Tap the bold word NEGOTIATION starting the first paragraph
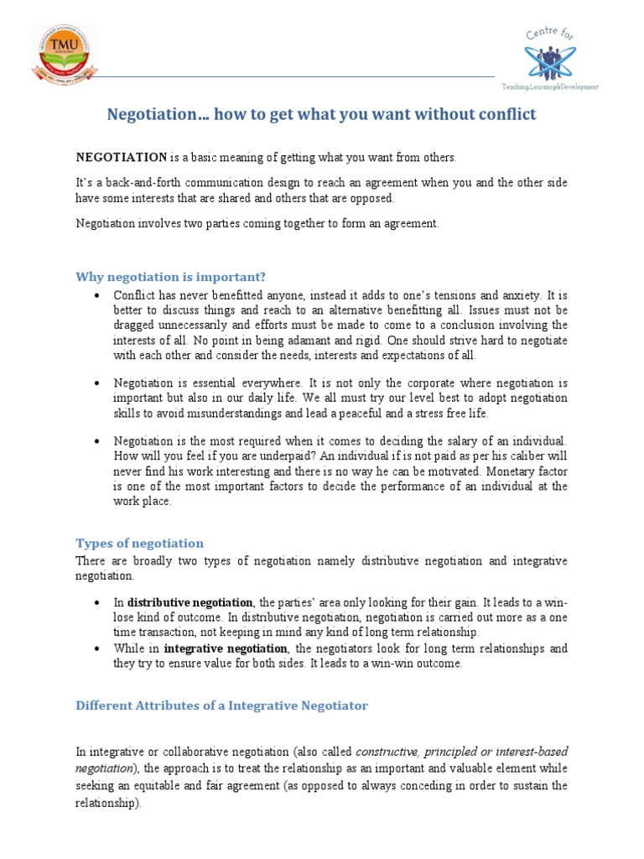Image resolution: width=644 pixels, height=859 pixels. (x=122, y=157)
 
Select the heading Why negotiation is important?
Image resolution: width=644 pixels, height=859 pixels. (x=171, y=276)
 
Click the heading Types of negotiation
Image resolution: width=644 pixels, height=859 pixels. (x=140, y=543)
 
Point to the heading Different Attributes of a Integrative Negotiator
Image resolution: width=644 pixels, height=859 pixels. (x=222, y=705)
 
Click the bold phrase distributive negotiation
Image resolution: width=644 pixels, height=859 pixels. (x=190, y=602)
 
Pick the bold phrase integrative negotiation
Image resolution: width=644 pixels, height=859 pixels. (x=226, y=648)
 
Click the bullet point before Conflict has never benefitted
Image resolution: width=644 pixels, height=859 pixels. (x=98, y=296)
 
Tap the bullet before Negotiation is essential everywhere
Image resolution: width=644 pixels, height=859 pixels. (x=98, y=383)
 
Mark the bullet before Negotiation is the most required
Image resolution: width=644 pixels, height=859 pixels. (x=98, y=441)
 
